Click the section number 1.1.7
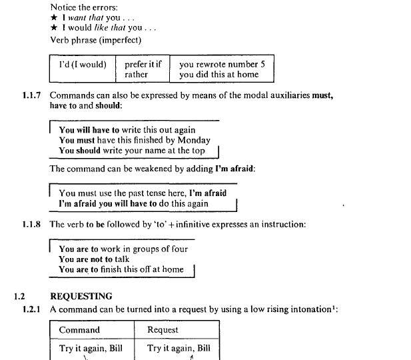pyautogui.click(x=31, y=96)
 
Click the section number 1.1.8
pyautogui.click(x=31, y=225)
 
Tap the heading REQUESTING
pyautogui.click(x=81, y=297)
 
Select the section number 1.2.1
pyautogui.click(x=31, y=309)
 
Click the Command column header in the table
pyautogui.click(x=79, y=330)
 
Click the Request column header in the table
pyautogui.click(x=163, y=330)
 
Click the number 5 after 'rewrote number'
pyautogui.click(x=262, y=65)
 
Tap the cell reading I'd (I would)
pyautogui.click(x=83, y=65)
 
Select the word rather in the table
pyautogui.click(x=137, y=75)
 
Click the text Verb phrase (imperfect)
pyautogui.click(x=95, y=40)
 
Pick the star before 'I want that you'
pyautogui.click(x=54, y=18)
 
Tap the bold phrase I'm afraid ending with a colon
pyautogui.click(x=235, y=169)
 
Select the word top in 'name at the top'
pyautogui.click(x=198, y=151)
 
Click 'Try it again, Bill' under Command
pyautogui.click(x=91, y=349)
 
